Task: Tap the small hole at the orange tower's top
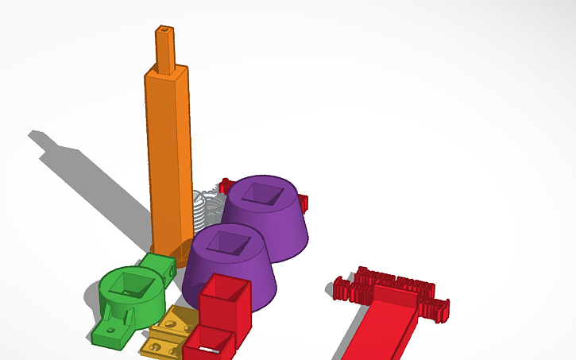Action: pos(164,30)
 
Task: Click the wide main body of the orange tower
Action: pos(169,159)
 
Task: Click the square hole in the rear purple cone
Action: pos(260,192)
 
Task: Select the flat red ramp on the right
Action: pos(381,326)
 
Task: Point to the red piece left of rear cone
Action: pos(226,187)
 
